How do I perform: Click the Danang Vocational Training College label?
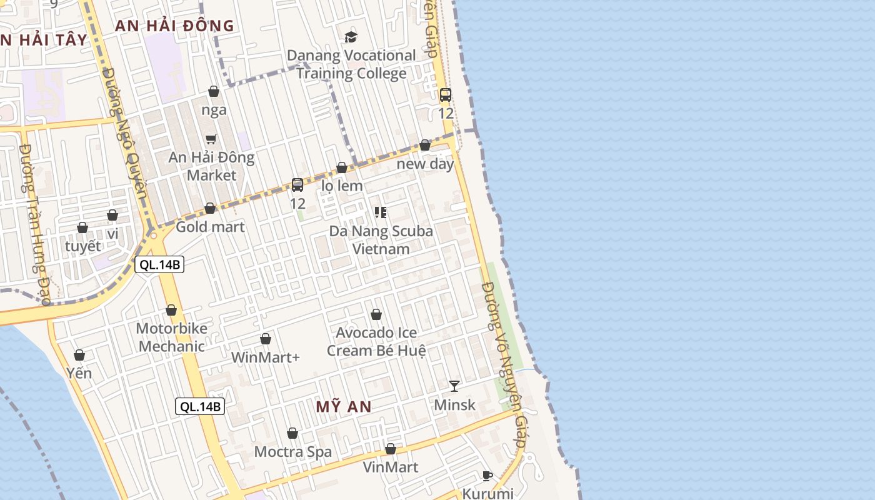click(351, 64)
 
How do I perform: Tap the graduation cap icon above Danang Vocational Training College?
click(351, 37)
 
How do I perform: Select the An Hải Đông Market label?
click(211, 166)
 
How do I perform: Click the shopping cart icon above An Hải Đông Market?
click(211, 139)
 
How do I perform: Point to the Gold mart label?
click(210, 227)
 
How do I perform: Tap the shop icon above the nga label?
click(214, 91)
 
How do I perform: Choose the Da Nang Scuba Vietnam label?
click(381, 240)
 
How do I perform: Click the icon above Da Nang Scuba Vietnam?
click(381, 212)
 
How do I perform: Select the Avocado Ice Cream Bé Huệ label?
click(376, 341)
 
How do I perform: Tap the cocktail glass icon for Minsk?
click(454, 386)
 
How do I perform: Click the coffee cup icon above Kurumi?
click(487, 476)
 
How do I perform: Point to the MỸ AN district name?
click(344, 407)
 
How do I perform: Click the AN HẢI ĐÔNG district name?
click(174, 26)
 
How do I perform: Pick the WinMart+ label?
click(266, 357)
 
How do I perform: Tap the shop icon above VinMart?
click(391, 449)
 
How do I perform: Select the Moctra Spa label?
click(292, 452)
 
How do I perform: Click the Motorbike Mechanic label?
click(171, 337)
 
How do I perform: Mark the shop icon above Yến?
click(79, 355)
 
